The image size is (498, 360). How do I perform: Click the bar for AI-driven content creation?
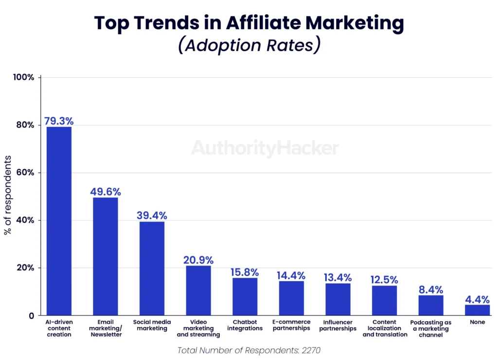tap(59, 221)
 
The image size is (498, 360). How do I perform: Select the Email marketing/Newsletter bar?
tap(105, 256)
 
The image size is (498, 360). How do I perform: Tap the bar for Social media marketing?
tap(152, 269)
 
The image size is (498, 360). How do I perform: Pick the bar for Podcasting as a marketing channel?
tap(431, 306)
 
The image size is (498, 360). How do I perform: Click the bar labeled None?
tap(477, 310)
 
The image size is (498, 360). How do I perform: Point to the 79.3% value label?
tap(59, 121)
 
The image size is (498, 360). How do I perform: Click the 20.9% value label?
tap(198, 260)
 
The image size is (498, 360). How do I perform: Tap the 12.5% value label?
tap(384, 280)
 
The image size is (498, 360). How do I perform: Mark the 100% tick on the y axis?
tap(23, 77)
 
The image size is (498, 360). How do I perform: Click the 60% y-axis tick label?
tap(24, 173)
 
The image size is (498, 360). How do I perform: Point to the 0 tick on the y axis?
tap(31, 316)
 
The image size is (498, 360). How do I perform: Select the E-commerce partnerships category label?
tap(291, 325)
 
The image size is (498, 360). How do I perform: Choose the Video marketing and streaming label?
tap(198, 328)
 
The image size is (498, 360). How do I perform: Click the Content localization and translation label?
tap(384, 328)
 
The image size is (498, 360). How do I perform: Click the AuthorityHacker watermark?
tap(265, 148)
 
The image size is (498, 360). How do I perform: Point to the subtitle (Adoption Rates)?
tap(249, 45)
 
